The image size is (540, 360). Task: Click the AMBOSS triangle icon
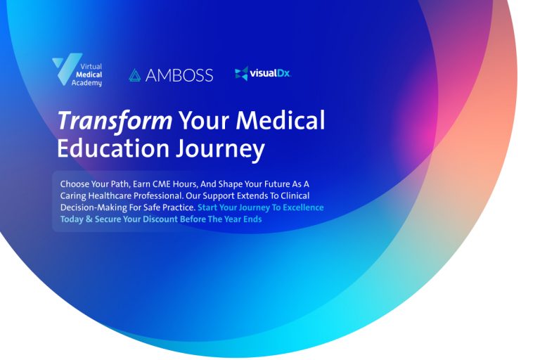(x=135, y=75)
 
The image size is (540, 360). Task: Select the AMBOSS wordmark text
(x=179, y=75)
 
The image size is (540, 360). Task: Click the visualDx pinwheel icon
(x=241, y=73)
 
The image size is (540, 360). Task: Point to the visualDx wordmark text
(x=271, y=73)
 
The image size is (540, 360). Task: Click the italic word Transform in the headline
(x=115, y=121)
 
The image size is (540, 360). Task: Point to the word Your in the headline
(x=202, y=121)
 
